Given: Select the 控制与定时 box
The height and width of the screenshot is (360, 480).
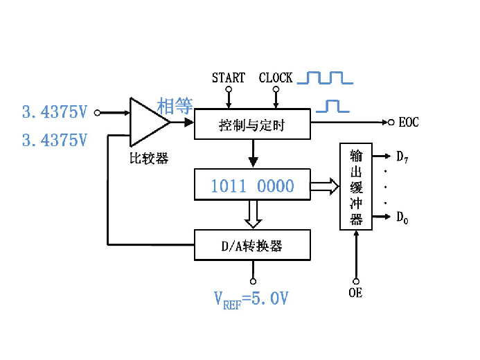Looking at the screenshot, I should click(252, 125).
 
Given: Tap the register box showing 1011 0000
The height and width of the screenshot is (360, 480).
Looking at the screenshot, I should click(252, 186).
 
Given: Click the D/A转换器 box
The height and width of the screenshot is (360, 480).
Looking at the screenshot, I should click(252, 245).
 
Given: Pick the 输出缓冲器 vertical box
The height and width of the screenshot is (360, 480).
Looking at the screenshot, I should click(356, 186).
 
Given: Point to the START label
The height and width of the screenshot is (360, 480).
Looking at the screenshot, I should click(229, 78).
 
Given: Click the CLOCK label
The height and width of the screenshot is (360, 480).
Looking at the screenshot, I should click(276, 78).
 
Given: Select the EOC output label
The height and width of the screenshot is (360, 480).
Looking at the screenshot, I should click(409, 123).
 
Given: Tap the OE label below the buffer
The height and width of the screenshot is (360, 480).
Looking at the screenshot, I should click(355, 293).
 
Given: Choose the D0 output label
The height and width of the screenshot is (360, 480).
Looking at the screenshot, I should click(402, 218).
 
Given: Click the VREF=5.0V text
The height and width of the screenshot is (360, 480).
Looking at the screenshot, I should click(251, 299).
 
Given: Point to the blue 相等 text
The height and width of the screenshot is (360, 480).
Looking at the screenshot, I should click(175, 106).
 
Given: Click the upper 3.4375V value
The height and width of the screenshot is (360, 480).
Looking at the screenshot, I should click(55, 111).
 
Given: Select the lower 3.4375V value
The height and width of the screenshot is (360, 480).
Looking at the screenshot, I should click(55, 141).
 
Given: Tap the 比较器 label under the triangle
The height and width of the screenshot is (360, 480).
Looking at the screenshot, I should click(149, 158).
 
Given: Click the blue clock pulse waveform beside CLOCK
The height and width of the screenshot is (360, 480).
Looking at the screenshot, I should click(325, 77).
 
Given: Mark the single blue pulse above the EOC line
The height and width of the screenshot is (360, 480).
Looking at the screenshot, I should click(332, 106).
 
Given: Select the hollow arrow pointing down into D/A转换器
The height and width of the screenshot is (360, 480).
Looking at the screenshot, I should click(253, 214).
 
